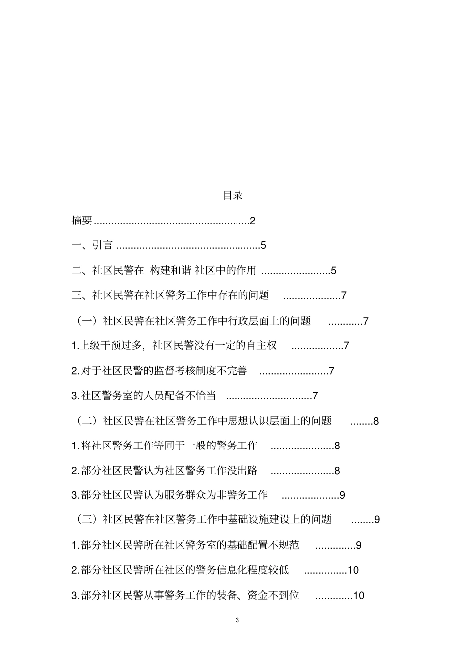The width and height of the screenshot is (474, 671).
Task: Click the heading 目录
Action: click(233, 196)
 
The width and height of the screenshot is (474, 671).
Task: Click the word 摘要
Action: click(82, 221)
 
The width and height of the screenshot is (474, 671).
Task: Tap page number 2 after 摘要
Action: click(252, 221)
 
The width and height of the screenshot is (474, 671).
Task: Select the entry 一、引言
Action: click(92, 245)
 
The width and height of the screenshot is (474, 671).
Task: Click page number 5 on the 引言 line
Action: click(263, 246)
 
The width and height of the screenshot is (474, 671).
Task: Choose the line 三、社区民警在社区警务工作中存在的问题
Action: click(171, 295)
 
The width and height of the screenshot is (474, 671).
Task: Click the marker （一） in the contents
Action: click(87, 321)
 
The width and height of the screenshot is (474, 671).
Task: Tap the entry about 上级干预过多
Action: click(174, 345)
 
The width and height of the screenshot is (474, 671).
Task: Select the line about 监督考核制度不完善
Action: click(159, 371)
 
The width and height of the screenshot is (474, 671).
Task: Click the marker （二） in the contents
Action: click(87, 421)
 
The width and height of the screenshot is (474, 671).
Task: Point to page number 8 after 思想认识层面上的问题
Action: click(376, 421)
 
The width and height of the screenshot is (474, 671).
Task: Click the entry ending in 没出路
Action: click(164, 470)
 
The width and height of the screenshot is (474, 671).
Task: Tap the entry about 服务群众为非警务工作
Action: click(170, 495)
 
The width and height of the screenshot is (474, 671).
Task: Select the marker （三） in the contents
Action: click(87, 520)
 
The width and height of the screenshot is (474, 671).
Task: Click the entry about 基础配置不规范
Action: click(185, 545)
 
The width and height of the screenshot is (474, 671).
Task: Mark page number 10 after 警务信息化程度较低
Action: click(353, 570)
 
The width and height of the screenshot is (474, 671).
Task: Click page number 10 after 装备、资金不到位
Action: click(358, 595)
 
